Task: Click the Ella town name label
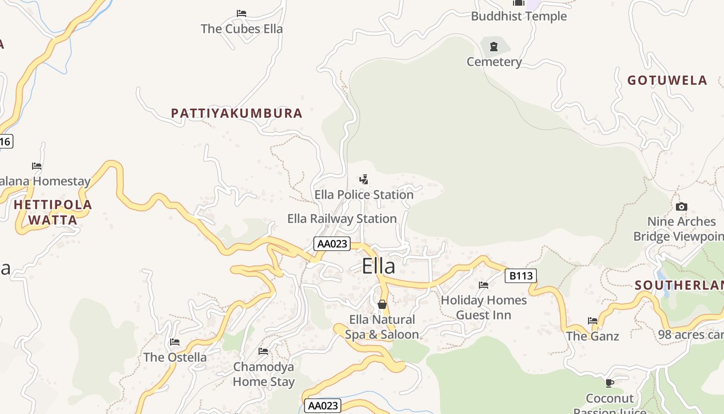(378, 266)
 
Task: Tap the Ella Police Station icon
(364, 180)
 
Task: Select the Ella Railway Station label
(342, 218)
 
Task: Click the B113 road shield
(521, 276)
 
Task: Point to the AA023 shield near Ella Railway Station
(332, 244)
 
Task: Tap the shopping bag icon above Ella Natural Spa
(382, 304)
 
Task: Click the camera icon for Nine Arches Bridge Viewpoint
(682, 207)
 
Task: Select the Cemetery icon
(494, 47)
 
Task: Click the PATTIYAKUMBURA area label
(237, 113)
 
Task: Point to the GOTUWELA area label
(667, 80)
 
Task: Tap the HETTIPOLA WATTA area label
(53, 212)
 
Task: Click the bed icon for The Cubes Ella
(242, 13)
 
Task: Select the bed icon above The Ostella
(175, 342)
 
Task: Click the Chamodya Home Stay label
(264, 374)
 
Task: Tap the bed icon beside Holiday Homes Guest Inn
(484, 285)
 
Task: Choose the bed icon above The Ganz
(593, 321)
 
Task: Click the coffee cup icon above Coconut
(610, 383)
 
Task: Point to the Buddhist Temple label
(519, 16)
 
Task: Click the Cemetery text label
(494, 62)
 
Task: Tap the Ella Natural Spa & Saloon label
(382, 327)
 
